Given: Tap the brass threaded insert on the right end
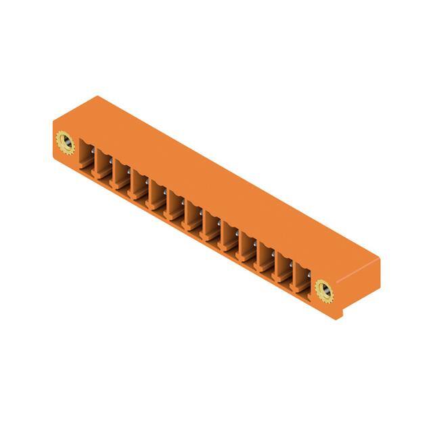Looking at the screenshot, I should click(324, 290).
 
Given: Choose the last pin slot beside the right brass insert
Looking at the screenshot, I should click(301, 277).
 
